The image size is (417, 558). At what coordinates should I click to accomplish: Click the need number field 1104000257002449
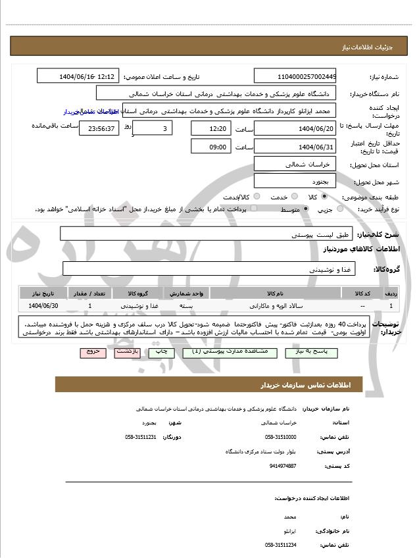tap(295, 76)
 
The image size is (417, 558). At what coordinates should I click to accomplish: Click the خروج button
tap(93, 352)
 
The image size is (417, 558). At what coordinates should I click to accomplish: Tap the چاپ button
tap(162, 352)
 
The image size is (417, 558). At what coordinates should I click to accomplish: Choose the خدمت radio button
tap(293, 197)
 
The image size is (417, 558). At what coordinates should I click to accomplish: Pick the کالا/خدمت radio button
tap(257, 197)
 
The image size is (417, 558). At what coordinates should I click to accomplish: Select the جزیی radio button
tap(339, 209)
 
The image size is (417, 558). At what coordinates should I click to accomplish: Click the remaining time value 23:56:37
tap(99, 128)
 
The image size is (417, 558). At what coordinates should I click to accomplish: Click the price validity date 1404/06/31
tap(295, 147)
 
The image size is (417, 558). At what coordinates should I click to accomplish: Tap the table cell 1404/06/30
tap(44, 306)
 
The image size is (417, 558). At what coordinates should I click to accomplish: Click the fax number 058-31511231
tap(140, 437)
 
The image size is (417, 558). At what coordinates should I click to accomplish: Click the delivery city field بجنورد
tap(295, 180)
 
